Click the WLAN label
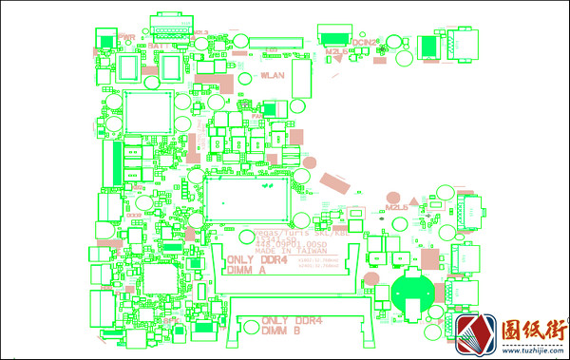point(273,74)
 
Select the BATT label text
point(159,45)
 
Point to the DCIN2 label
point(367,42)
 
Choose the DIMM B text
point(282,331)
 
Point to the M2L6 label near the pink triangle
point(396,206)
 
